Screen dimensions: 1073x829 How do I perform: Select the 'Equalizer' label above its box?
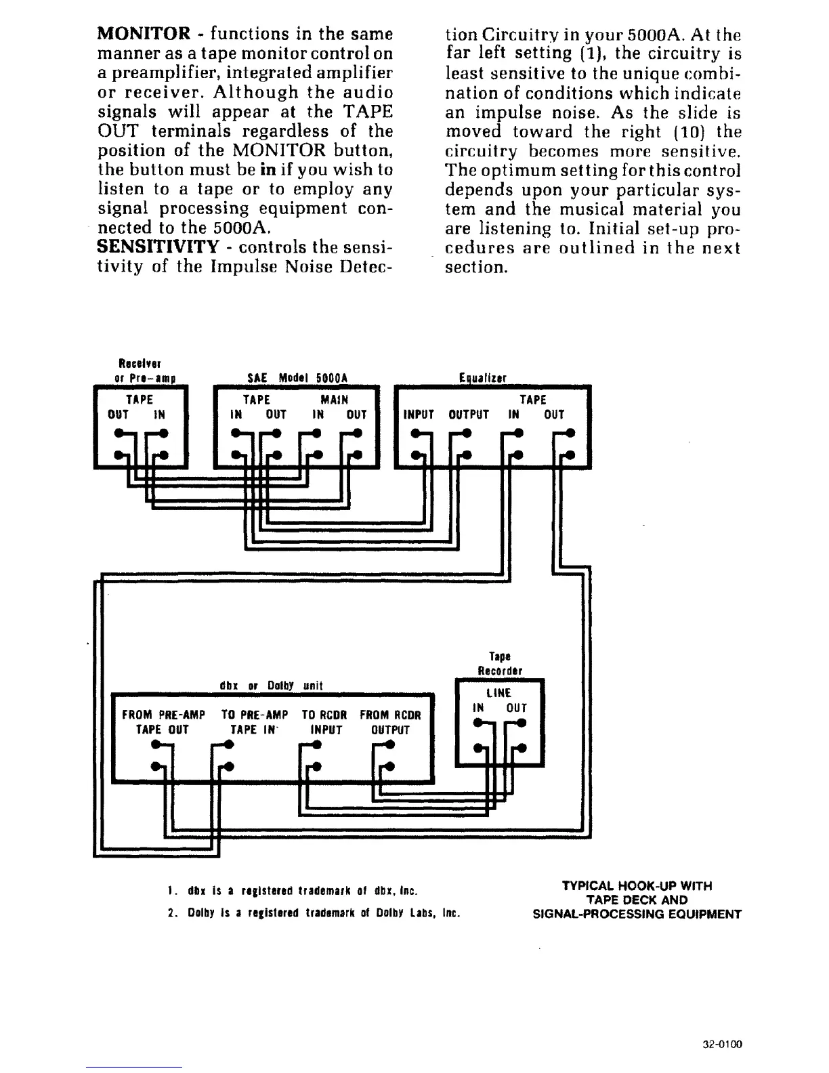pos(483,378)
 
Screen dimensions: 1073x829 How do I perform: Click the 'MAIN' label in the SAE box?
pos(335,400)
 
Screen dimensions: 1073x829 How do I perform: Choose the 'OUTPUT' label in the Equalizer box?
pos(469,415)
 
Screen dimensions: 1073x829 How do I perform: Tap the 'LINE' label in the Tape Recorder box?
pos(499,692)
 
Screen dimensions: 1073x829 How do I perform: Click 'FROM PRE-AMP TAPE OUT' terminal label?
pos(163,722)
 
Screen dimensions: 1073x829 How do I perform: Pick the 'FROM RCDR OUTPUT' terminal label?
pos(390,722)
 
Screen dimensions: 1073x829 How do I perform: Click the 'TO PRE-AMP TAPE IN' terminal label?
pos(255,722)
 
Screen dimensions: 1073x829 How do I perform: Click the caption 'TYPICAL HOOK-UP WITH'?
pos(637,885)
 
